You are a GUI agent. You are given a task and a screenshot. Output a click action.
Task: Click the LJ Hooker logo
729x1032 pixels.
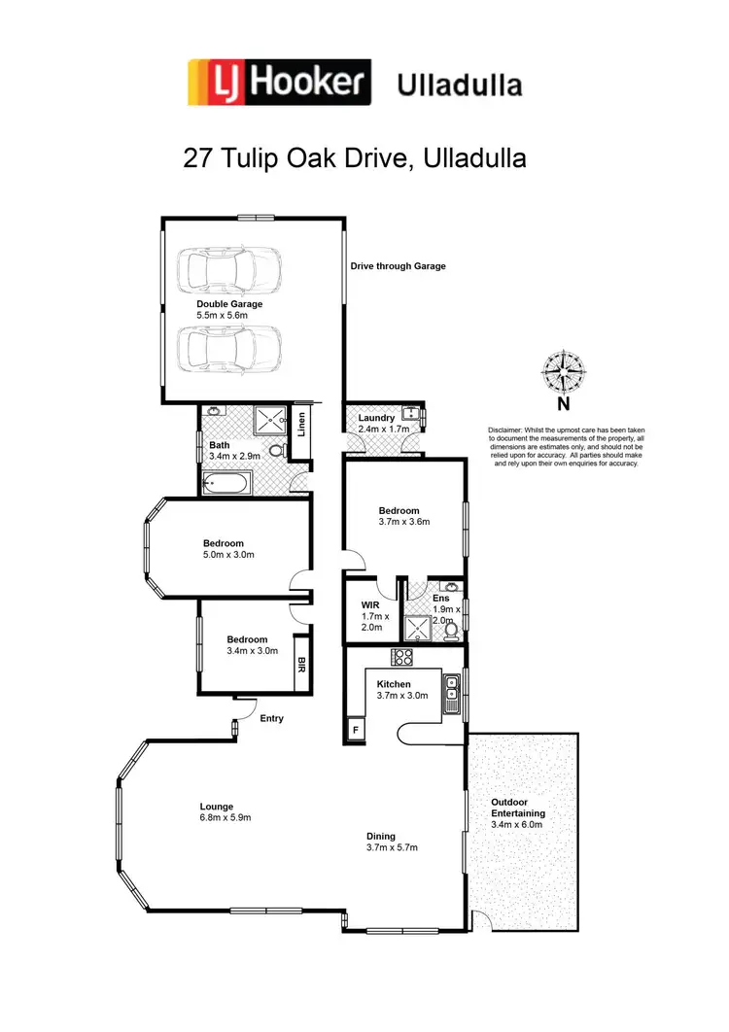(279, 83)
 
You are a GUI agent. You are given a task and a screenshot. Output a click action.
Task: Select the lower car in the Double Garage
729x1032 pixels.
(229, 346)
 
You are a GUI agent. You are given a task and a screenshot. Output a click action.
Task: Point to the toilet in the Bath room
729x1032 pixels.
(276, 452)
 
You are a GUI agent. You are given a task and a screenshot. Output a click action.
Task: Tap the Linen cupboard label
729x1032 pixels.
(302, 425)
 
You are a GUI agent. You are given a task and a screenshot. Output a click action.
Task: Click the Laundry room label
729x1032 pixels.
(376, 418)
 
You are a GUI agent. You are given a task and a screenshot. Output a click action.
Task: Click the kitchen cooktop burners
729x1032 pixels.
(402, 657)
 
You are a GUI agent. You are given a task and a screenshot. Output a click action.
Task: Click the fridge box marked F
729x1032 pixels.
(356, 729)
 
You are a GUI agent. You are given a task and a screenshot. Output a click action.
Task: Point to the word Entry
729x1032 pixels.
(272, 718)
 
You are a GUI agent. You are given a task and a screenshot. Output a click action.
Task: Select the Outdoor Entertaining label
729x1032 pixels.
(517, 808)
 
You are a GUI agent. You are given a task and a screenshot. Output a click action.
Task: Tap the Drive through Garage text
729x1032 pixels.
(399, 266)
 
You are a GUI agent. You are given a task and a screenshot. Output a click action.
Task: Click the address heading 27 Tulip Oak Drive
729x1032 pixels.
(355, 158)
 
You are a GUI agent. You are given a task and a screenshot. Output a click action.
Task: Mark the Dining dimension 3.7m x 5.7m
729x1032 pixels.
(392, 847)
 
